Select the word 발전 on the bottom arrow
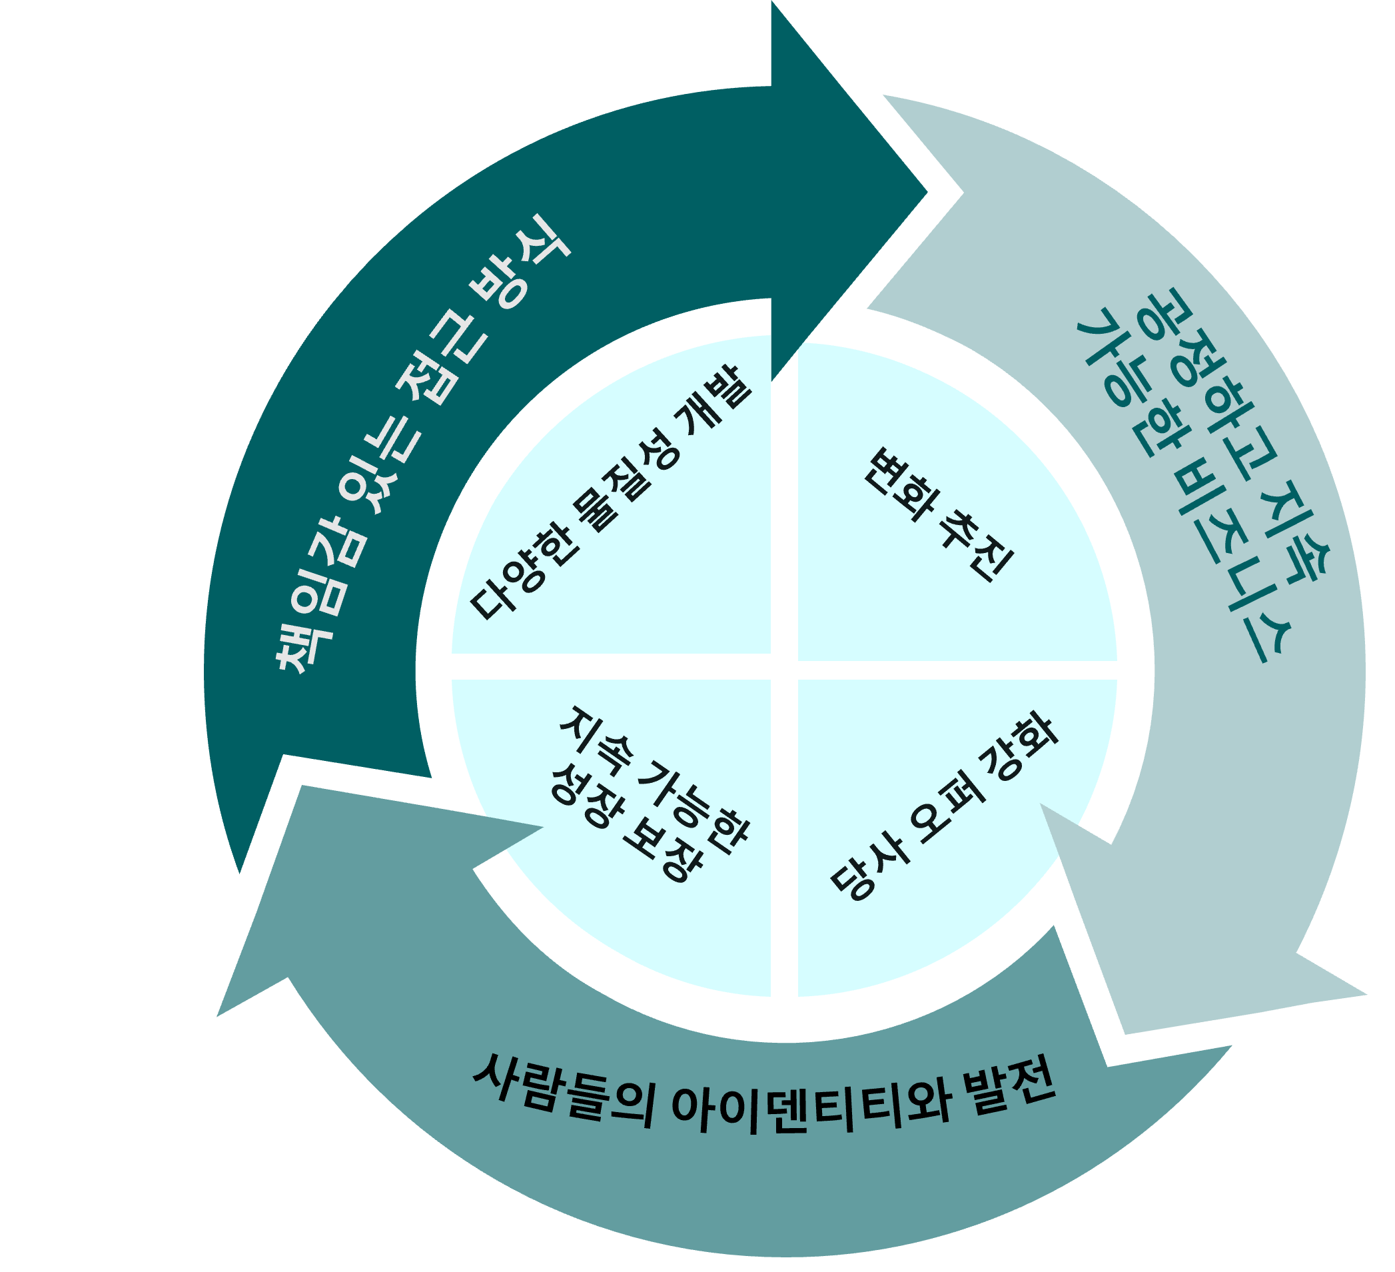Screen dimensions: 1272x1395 (1013, 1087)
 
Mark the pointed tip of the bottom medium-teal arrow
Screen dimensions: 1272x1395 (219, 1015)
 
